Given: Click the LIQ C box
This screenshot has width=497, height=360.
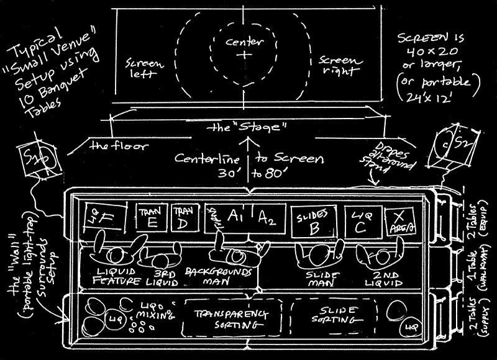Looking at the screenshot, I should point(360,220).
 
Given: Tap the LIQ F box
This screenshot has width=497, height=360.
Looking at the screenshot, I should point(106,218).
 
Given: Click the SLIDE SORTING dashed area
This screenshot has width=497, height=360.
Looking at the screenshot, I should point(334,315).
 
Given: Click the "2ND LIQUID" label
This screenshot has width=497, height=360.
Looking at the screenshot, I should point(380,278).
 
